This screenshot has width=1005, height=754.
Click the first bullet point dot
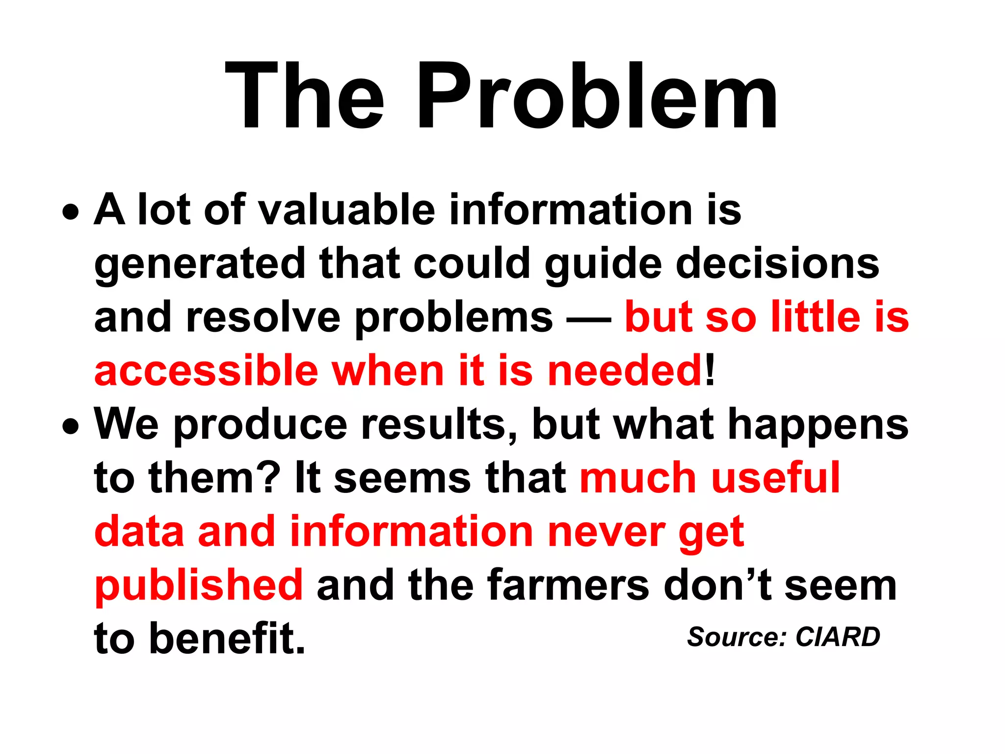pos(71,213)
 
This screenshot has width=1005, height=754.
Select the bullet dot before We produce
pos(71,427)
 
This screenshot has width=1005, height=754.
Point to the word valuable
pos(346,210)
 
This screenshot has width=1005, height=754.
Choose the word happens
pos(818,426)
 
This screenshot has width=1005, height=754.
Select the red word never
pos(607,532)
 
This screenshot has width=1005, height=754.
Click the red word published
pos(199,586)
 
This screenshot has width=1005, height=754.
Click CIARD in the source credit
pos(838,637)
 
